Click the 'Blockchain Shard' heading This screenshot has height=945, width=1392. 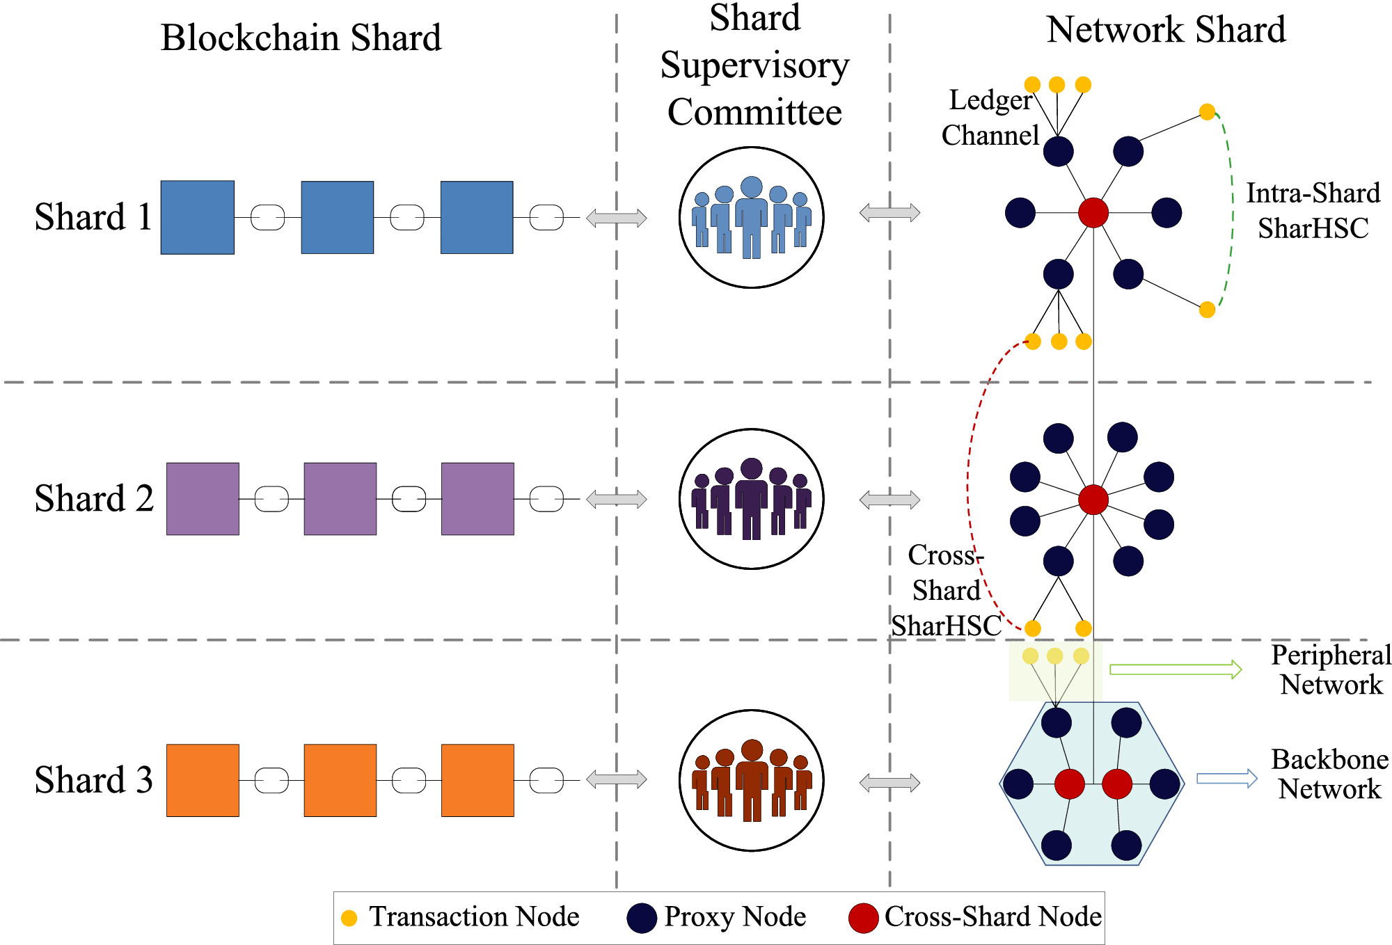pyautogui.click(x=301, y=38)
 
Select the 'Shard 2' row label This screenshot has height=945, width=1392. pyautogui.click(x=94, y=499)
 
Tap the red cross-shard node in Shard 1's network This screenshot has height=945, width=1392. pyautogui.click(x=1093, y=213)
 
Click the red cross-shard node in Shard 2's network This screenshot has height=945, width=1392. pyautogui.click(x=1093, y=500)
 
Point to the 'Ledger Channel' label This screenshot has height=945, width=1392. pyautogui.click(x=990, y=118)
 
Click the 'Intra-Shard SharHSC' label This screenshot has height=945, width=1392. pyautogui.click(x=1313, y=210)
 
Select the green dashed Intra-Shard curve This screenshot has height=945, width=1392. pyautogui.click(x=1231, y=209)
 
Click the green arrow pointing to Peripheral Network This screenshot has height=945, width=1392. pyautogui.click(x=1175, y=669)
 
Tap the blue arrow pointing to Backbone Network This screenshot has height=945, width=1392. pyautogui.click(x=1226, y=779)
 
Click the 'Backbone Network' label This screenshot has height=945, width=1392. pyautogui.click(x=1329, y=774)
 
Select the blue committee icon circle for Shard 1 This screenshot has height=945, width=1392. pyautogui.click(x=752, y=217)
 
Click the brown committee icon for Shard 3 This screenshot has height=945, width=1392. pyautogui.click(x=752, y=780)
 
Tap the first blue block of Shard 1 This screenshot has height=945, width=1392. pyautogui.click(x=198, y=217)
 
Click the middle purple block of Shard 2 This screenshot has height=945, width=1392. pyautogui.click(x=340, y=499)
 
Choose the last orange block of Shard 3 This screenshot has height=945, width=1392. pyautogui.click(x=477, y=780)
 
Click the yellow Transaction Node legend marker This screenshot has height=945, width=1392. pyautogui.click(x=349, y=918)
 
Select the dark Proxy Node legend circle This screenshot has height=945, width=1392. pyautogui.click(x=642, y=918)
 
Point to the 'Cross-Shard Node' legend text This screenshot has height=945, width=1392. pyautogui.click(x=992, y=917)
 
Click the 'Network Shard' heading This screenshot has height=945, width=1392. pyautogui.click(x=1166, y=30)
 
